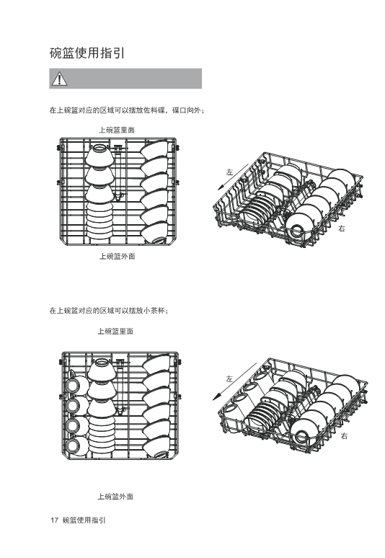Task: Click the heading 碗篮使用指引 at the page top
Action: point(87,53)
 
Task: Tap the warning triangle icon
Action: point(59,79)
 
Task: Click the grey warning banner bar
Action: point(125,79)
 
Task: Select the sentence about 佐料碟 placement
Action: point(127,111)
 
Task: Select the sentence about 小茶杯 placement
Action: point(109,311)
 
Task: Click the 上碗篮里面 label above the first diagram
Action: point(117,130)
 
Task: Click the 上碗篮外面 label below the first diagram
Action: point(117,256)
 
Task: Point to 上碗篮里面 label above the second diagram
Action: point(115,332)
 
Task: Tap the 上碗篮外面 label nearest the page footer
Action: point(115,497)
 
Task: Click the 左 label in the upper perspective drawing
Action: point(230,172)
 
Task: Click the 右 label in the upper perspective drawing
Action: point(342,229)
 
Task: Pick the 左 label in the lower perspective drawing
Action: point(229,378)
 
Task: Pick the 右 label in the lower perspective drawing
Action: point(344,436)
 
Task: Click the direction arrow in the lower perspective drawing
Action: point(234,382)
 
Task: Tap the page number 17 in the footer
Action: point(54,521)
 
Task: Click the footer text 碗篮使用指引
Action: point(84,521)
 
